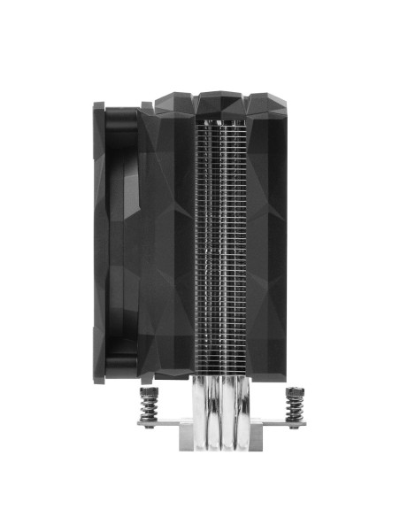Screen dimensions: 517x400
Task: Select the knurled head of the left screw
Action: coord(148,390)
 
